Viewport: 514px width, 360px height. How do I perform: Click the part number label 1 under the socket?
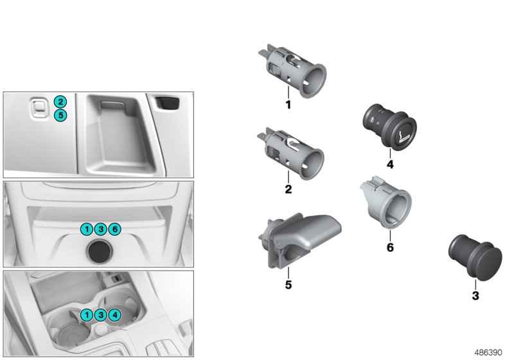pos(288,104)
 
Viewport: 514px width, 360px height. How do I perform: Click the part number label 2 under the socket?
pos(288,190)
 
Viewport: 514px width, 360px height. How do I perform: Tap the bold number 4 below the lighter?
pos(389,164)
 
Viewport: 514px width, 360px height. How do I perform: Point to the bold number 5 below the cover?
pos(288,283)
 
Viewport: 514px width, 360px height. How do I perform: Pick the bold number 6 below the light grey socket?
pos(389,246)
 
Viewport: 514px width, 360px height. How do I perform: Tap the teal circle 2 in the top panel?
pos(60,102)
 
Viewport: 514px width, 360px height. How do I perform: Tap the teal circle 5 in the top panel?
pos(60,116)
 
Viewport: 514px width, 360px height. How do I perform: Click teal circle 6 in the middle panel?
pos(114,229)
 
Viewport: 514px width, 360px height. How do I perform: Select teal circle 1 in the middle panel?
pos(86,229)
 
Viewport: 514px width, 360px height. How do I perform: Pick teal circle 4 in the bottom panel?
pos(114,315)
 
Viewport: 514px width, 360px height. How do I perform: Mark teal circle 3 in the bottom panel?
pos(100,315)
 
